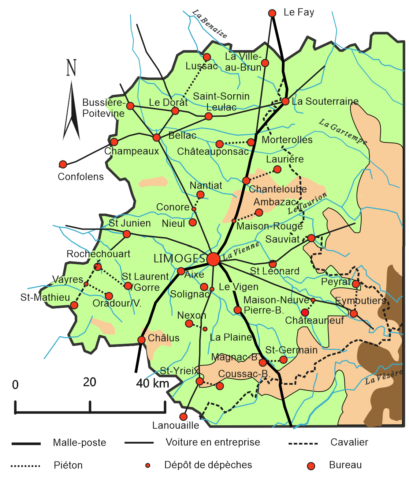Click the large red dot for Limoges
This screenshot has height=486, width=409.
tap(213, 259)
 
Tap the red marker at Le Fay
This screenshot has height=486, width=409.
tap(272, 14)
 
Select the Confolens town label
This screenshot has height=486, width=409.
tap(81, 177)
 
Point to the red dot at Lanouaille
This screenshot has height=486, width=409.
tap(183, 417)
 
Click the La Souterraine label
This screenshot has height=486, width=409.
tap(325, 101)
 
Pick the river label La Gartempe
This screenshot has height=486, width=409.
tap(343, 132)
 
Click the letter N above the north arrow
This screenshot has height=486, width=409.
tap(71, 68)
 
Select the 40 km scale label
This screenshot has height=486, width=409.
tap(152, 383)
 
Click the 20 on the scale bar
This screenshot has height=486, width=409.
tap(89, 382)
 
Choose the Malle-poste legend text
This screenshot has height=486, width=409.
tap(79, 443)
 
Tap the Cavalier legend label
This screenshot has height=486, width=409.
tap(349, 442)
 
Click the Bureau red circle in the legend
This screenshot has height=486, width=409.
tap(311, 466)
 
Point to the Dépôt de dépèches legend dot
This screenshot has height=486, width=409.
tap(148, 466)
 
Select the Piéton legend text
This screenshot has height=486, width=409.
tap(68, 466)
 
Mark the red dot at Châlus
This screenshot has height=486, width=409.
tap(141, 340)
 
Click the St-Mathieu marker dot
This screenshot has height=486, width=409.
tap(74, 305)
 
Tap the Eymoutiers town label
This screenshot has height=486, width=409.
tap(361, 301)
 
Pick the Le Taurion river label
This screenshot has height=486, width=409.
tap(307, 204)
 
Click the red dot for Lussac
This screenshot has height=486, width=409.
tap(207, 57)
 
